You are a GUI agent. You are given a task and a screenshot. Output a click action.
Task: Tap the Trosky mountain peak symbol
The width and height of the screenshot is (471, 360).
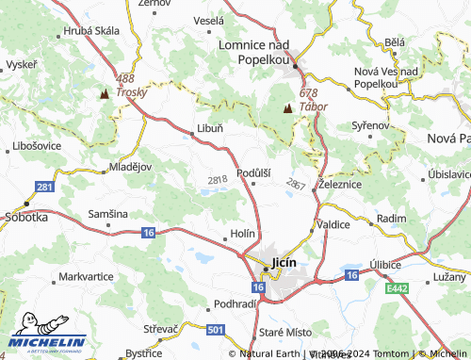pos(105,94)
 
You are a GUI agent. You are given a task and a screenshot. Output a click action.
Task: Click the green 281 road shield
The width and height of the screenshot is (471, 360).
pos(44,188)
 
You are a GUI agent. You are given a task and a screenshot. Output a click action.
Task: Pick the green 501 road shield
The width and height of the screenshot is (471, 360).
pos(216,329)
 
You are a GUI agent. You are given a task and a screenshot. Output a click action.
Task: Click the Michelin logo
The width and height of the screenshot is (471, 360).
pos(47,342)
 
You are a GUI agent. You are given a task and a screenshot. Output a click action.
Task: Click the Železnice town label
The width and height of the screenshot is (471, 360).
pos(340,185)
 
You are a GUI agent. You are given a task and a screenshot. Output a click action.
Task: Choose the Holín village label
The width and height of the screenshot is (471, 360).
pos(242,235)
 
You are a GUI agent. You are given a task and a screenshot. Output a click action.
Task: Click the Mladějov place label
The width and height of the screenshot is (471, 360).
pos(130,166)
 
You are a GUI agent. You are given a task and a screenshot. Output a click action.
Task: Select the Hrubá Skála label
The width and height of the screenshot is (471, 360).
pos(92,30)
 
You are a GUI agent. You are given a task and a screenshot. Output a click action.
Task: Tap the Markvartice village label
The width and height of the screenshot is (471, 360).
pos(86,277)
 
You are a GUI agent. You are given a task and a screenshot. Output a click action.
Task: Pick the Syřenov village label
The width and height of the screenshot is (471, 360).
pos(369,124)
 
